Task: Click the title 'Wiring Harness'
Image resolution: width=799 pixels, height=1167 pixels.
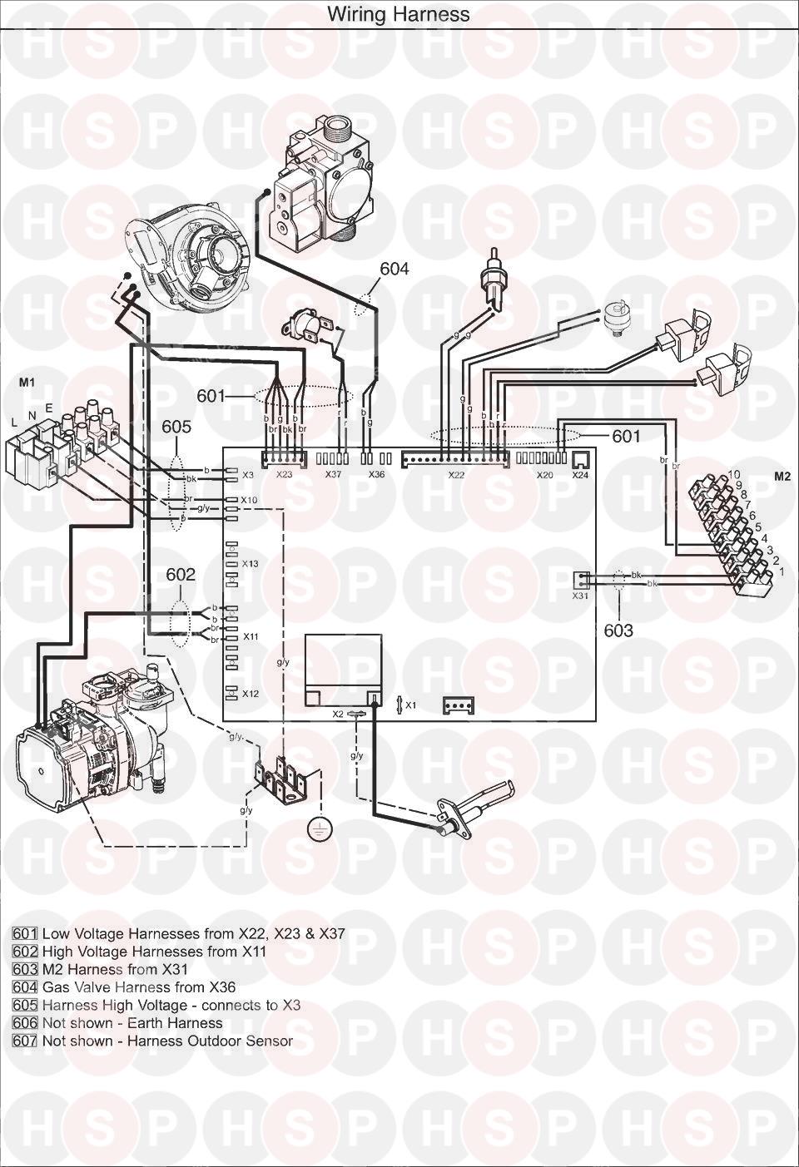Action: tap(398, 14)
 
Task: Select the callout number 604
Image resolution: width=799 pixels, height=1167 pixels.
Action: tap(395, 269)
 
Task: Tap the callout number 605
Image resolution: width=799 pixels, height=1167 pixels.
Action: tap(176, 427)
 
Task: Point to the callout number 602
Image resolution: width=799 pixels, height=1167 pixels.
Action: tap(181, 575)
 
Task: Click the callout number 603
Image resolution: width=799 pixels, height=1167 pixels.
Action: tap(618, 630)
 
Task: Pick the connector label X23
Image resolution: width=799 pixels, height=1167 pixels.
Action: tap(284, 475)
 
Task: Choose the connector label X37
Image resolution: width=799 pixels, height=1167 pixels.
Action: tap(333, 475)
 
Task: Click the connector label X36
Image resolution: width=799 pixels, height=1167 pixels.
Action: tap(377, 475)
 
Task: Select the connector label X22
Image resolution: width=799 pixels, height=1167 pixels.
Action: tap(456, 475)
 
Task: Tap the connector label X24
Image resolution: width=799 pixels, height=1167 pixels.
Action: tap(579, 475)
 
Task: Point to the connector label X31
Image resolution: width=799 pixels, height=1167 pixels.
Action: tap(580, 596)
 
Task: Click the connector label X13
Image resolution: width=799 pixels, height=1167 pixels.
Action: tap(251, 564)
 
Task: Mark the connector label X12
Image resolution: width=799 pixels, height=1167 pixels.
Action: tap(251, 694)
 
